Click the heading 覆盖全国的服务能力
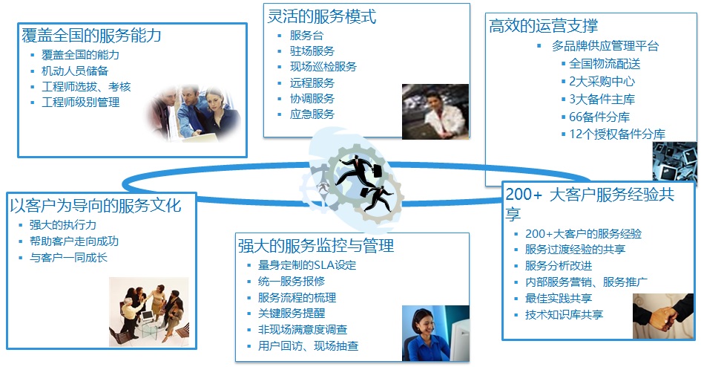(x=92, y=36)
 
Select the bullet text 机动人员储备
(x=75, y=71)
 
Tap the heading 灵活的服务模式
(x=322, y=16)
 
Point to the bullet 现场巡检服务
(x=323, y=67)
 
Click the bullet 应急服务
(x=312, y=114)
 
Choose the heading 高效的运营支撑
(x=543, y=25)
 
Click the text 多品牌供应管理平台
(x=605, y=45)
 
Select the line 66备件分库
(x=599, y=117)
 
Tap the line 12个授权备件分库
(x=617, y=134)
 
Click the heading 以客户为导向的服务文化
(x=96, y=206)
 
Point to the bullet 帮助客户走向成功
(x=74, y=241)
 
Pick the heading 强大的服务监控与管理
(x=316, y=246)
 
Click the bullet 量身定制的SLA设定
(x=307, y=265)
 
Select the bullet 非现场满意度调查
(x=303, y=330)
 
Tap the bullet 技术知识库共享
(x=565, y=315)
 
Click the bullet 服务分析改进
(x=559, y=266)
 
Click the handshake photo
(x=663, y=316)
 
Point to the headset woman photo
(x=435, y=334)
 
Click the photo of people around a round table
(x=149, y=312)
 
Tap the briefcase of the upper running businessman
(x=377, y=171)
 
